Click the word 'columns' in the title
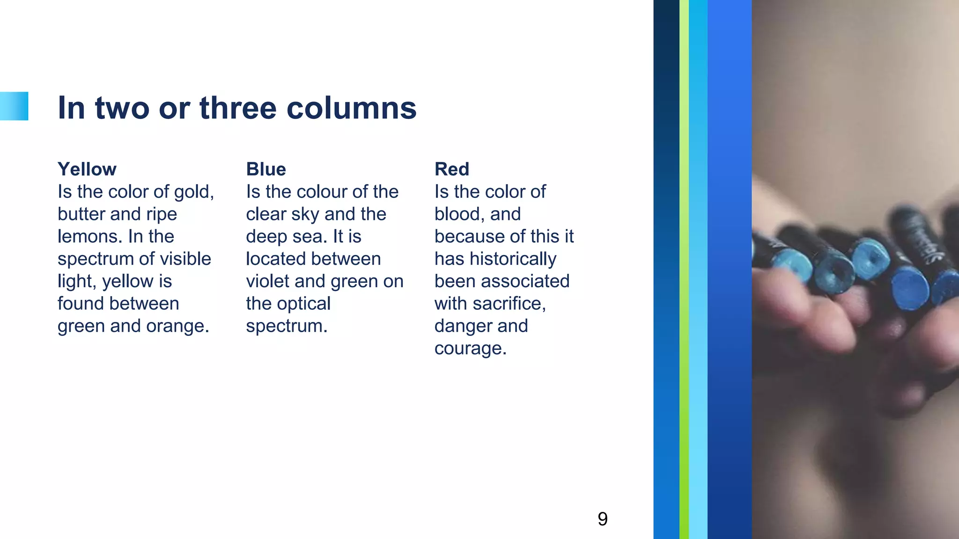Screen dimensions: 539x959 (x=351, y=108)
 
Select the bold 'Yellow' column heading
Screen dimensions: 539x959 (x=87, y=169)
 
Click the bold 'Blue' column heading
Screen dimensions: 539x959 (x=266, y=169)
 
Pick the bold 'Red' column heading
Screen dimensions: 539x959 (x=451, y=169)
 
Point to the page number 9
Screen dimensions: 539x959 (x=603, y=518)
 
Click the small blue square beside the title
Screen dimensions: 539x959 (x=14, y=106)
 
